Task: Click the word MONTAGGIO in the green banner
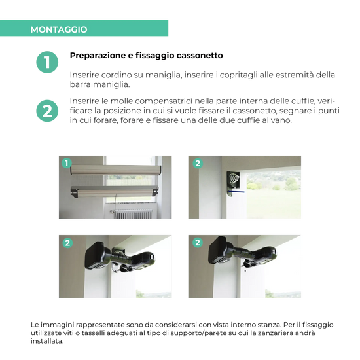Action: click(x=59, y=29)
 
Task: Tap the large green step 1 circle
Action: click(x=47, y=63)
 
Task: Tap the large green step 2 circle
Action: click(x=47, y=111)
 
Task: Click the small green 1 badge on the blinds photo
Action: click(x=65, y=162)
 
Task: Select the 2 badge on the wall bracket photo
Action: click(x=198, y=163)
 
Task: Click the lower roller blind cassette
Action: click(x=115, y=192)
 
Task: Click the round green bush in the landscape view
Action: click(x=291, y=186)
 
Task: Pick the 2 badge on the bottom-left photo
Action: click(x=67, y=243)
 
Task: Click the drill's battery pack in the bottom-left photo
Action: click(x=97, y=255)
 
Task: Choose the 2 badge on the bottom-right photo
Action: click(x=198, y=243)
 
